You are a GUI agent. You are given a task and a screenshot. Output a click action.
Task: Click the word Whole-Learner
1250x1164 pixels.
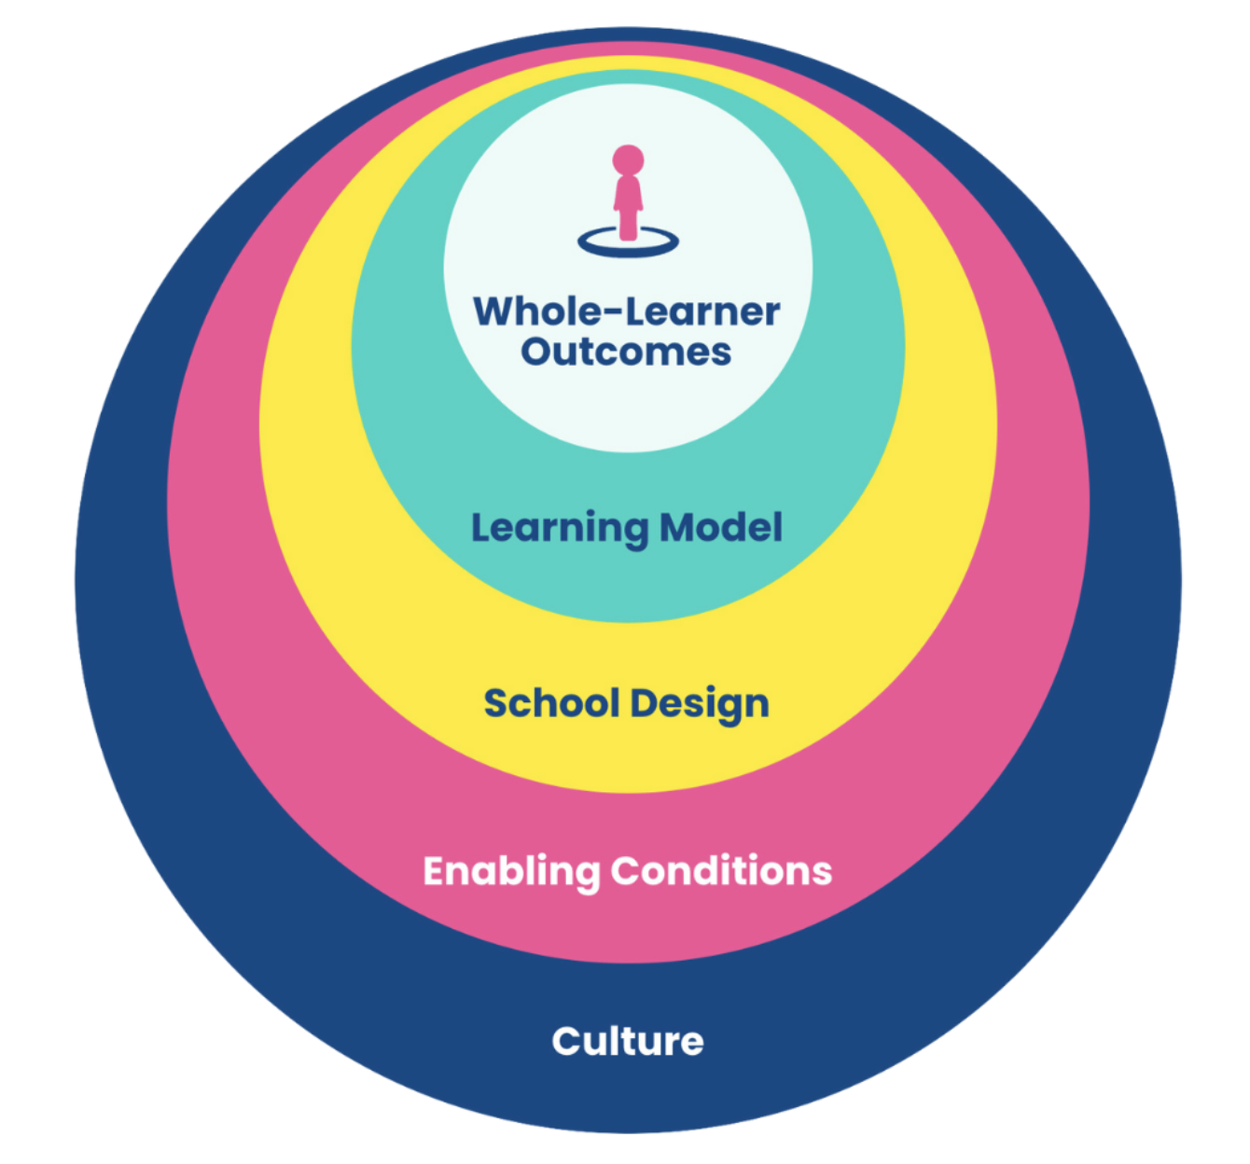626,311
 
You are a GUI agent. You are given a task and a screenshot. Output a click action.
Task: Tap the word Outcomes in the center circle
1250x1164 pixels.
626,352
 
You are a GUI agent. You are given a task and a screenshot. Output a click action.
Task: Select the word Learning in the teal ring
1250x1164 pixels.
560,529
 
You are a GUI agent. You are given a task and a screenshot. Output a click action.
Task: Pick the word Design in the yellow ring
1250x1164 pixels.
700,704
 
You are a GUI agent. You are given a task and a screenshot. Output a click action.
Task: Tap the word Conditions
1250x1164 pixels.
722,871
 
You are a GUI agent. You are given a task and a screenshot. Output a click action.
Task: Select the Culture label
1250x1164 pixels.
628,1041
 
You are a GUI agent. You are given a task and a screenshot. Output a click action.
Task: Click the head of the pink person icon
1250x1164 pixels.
628,159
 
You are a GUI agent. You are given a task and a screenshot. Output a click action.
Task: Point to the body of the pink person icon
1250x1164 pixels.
628,208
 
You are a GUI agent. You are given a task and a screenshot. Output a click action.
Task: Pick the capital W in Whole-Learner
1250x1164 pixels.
495,311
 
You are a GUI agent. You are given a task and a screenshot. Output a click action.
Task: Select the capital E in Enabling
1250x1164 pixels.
435,872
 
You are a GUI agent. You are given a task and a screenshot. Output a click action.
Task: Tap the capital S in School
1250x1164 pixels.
495,703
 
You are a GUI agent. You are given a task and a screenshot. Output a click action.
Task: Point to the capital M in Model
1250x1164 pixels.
677,528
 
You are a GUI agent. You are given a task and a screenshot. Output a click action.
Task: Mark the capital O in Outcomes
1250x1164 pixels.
537,352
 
